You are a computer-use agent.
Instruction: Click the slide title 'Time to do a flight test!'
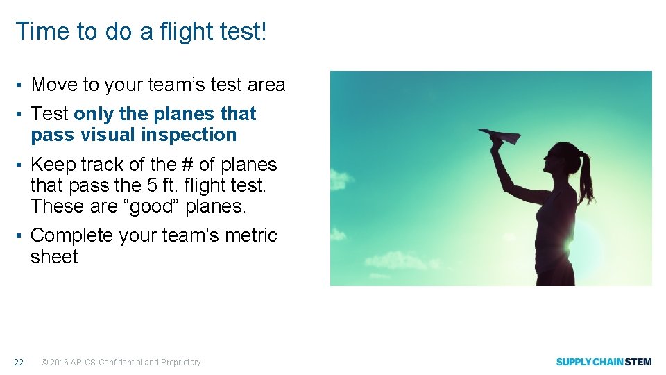(x=141, y=31)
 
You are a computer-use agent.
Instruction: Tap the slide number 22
(x=19, y=362)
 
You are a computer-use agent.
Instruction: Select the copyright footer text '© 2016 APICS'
(x=69, y=362)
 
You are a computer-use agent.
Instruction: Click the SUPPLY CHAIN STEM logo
(x=604, y=362)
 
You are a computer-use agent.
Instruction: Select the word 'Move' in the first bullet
(x=55, y=85)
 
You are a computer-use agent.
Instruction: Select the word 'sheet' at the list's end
(x=54, y=257)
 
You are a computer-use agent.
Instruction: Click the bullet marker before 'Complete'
(x=21, y=235)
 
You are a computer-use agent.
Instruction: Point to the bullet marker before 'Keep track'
(x=21, y=165)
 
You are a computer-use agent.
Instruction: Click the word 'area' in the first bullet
(x=266, y=85)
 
